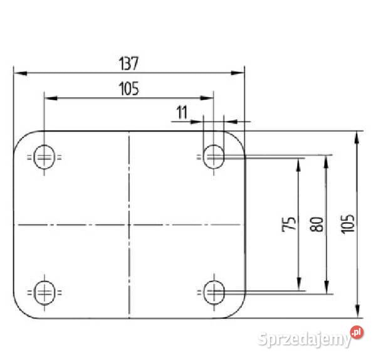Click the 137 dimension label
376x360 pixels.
(128, 63)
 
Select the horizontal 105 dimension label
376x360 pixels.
(128, 89)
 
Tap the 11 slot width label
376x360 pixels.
(182, 112)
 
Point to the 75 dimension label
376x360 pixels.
(289, 224)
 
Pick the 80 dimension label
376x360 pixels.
(316, 224)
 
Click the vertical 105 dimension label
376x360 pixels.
(348, 224)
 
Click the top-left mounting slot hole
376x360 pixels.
(44, 157)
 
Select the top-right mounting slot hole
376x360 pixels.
(214, 157)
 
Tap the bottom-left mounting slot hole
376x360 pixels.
(44, 292)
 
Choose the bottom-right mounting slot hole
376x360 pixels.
(214, 292)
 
